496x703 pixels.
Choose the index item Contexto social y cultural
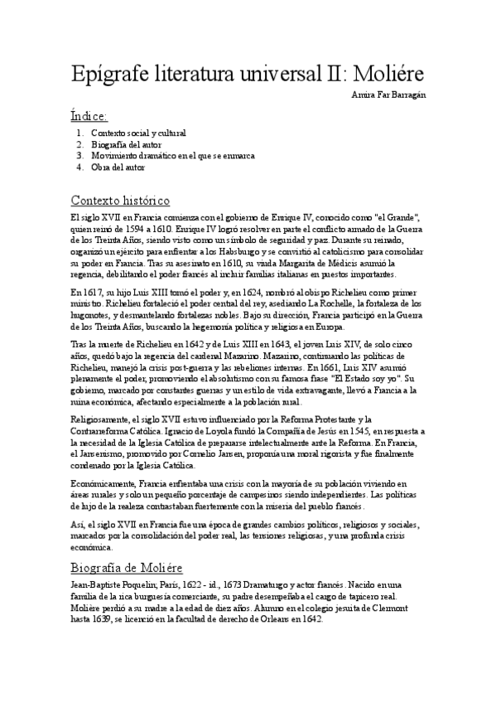pyautogui.click(x=138, y=133)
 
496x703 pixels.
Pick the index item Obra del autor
pyautogui.click(x=118, y=167)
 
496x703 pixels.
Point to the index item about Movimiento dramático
pyautogui.click(x=172, y=155)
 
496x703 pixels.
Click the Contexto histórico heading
pyautogui.click(x=121, y=201)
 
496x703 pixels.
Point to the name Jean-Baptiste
pyautogui.click(x=99, y=584)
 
